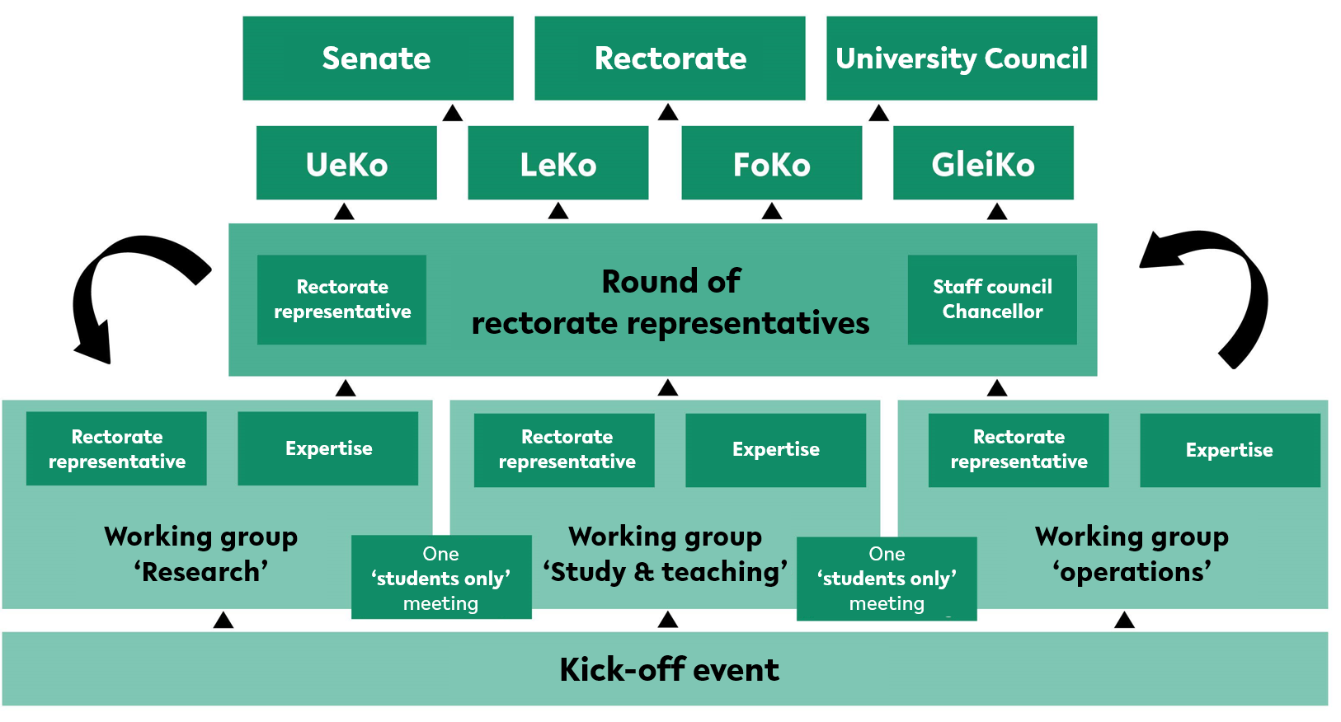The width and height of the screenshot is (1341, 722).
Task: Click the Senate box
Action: coord(378,58)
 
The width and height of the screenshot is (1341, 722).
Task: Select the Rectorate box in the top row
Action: coord(670,58)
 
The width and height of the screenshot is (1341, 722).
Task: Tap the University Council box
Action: coord(962,58)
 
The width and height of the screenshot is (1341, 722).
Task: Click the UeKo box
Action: coord(346,162)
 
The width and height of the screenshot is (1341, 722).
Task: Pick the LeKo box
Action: coord(558,162)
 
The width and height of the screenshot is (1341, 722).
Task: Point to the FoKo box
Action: coord(772,162)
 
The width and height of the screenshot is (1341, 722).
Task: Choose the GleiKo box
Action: coord(983,162)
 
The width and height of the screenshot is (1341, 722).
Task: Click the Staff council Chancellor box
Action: coord(992,300)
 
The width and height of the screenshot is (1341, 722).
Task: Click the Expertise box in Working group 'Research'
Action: coord(328,448)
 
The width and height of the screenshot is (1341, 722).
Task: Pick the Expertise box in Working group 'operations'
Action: coord(1230,450)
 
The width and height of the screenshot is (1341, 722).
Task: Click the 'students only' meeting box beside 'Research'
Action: coord(441,577)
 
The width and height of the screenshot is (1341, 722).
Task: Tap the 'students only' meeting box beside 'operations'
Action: coord(887,579)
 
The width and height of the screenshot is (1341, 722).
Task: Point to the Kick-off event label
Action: coord(670,669)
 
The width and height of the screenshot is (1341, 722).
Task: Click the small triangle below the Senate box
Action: coord(453,113)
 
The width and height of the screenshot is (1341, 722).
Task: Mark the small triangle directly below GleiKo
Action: coord(997,211)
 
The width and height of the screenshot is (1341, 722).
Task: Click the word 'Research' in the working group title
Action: coord(200,573)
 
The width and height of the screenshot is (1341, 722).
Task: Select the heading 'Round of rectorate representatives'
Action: coord(670,302)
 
